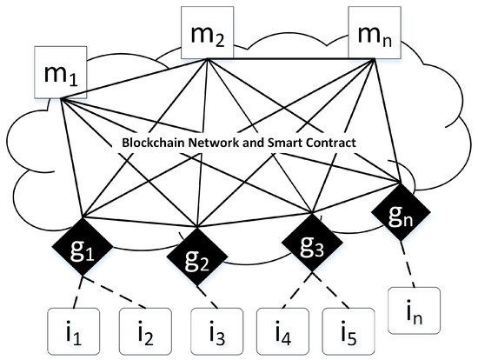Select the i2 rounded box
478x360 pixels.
(143, 330)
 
